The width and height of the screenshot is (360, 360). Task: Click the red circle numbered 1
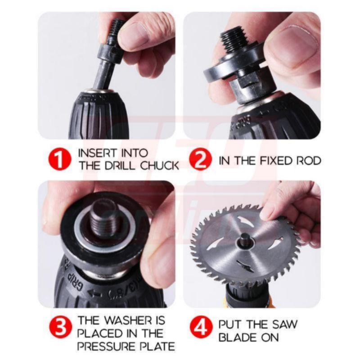click(x=60, y=160)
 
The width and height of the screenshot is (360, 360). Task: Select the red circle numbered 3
click(x=61, y=327)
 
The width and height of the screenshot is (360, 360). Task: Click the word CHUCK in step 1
click(x=160, y=166)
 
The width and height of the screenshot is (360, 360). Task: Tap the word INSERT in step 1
click(x=98, y=153)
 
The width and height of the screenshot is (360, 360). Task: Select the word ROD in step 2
click(x=309, y=161)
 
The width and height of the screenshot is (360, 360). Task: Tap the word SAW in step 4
click(x=285, y=324)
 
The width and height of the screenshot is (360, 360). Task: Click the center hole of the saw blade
click(x=245, y=241)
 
